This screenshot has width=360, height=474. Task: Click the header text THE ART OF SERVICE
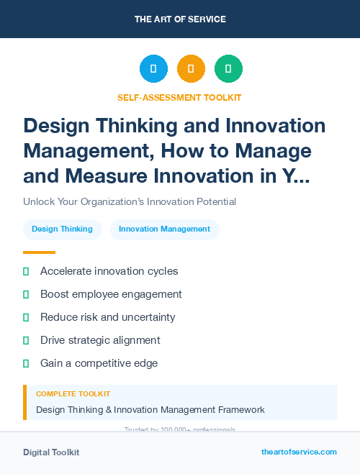click(x=179, y=19)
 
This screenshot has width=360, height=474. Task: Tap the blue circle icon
click(x=153, y=69)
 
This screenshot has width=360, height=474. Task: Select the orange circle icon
click(x=191, y=69)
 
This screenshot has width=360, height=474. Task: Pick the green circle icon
click(x=228, y=69)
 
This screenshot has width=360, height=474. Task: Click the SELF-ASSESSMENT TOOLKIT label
click(x=179, y=97)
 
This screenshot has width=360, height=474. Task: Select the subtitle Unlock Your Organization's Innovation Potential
click(x=130, y=201)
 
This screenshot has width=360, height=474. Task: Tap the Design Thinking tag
click(x=62, y=229)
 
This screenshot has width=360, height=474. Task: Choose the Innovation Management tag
click(x=164, y=229)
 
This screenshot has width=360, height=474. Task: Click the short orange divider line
click(x=39, y=252)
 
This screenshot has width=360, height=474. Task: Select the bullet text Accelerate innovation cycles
click(x=109, y=271)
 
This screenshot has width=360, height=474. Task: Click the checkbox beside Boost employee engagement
click(x=26, y=294)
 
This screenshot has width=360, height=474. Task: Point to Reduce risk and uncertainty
click(x=107, y=317)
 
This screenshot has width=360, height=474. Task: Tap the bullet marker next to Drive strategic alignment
click(x=26, y=340)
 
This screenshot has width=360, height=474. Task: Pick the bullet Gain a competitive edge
click(x=99, y=363)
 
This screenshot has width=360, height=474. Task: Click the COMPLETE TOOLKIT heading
click(x=73, y=394)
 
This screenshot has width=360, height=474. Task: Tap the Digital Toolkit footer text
click(x=51, y=452)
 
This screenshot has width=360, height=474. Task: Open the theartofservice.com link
click(x=299, y=452)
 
